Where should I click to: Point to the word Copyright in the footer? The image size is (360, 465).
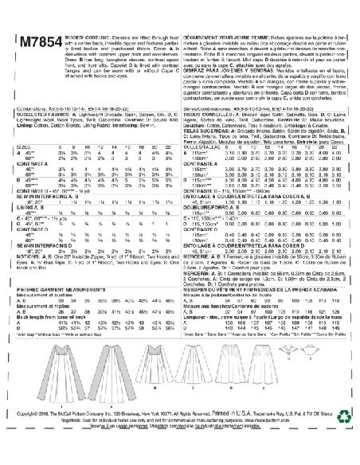[x=24, y=437]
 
